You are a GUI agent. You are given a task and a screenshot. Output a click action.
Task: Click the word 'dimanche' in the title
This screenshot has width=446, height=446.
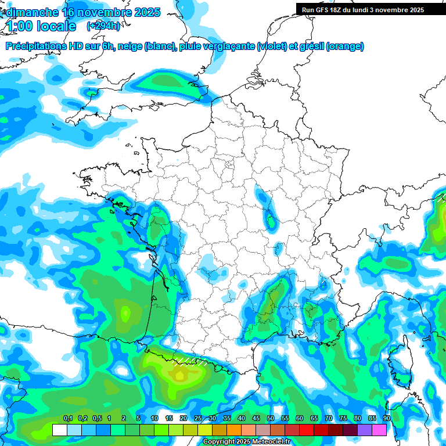(x=32, y=12)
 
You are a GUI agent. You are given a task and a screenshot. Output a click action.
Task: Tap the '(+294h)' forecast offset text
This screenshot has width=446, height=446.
(x=103, y=26)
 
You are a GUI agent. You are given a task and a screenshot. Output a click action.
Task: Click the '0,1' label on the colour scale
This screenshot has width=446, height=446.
(x=68, y=418)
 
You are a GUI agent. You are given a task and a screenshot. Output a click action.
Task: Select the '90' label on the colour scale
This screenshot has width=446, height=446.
(x=387, y=418)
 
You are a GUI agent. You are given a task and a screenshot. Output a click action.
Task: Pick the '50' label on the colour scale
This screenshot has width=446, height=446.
(x=271, y=418)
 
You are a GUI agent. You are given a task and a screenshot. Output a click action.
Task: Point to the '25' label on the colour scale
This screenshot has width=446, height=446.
(x=198, y=418)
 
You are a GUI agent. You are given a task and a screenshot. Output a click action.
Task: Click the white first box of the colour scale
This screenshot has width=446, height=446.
(x=59, y=430)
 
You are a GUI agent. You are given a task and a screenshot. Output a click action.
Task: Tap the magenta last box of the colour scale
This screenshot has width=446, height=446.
(x=379, y=430)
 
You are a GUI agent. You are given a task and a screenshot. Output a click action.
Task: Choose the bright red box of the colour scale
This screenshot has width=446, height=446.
(x=307, y=430)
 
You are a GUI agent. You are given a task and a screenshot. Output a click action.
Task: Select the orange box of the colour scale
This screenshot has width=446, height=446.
(x=234, y=430)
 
